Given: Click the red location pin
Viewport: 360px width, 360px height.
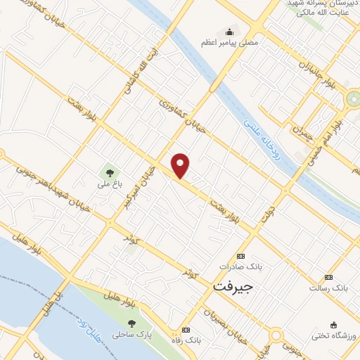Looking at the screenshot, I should click(x=181, y=165).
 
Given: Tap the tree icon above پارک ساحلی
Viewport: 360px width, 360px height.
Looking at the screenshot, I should click(x=131, y=323).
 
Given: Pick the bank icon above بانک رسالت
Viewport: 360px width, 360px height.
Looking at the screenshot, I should click(x=328, y=276).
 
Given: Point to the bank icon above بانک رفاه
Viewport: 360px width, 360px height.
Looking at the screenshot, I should click(x=185, y=330).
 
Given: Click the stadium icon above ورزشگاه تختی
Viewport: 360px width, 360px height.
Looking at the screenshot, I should click(x=333, y=324).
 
